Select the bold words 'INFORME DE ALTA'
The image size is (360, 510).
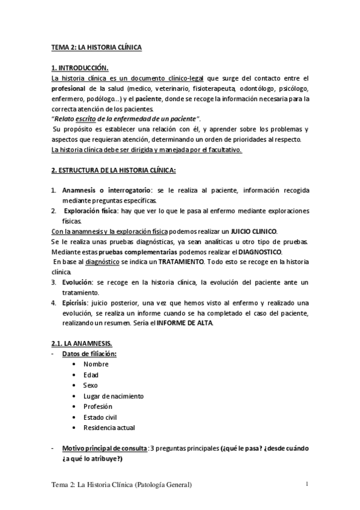point(184,324)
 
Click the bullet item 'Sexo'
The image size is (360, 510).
point(91,385)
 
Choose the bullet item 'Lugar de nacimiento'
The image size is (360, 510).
point(114,396)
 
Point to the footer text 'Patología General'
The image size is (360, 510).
point(163,485)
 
